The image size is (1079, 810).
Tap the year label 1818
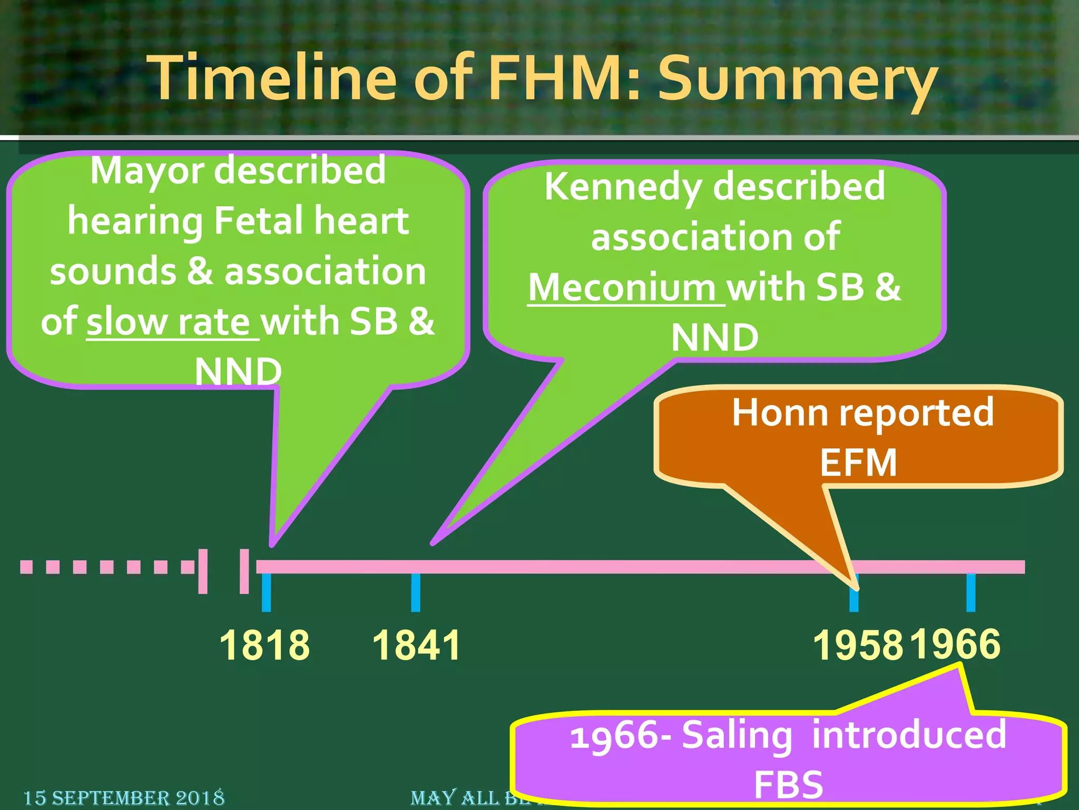pyautogui.click(x=264, y=645)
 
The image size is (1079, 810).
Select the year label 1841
pyautogui.click(x=416, y=645)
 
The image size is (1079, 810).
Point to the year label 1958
pyautogui.click(x=858, y=645)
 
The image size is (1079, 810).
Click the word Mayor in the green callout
pyautogui.click(x=148, y=171)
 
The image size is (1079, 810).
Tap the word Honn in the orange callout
pyautogui.click(x=780, y=412)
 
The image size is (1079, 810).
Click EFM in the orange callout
pyautogui.click(x=858, y=462)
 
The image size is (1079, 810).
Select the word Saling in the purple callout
pyautogui.click(x=737, y=735)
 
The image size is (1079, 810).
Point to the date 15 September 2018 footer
pyautogui.click(x=124, y=798)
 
